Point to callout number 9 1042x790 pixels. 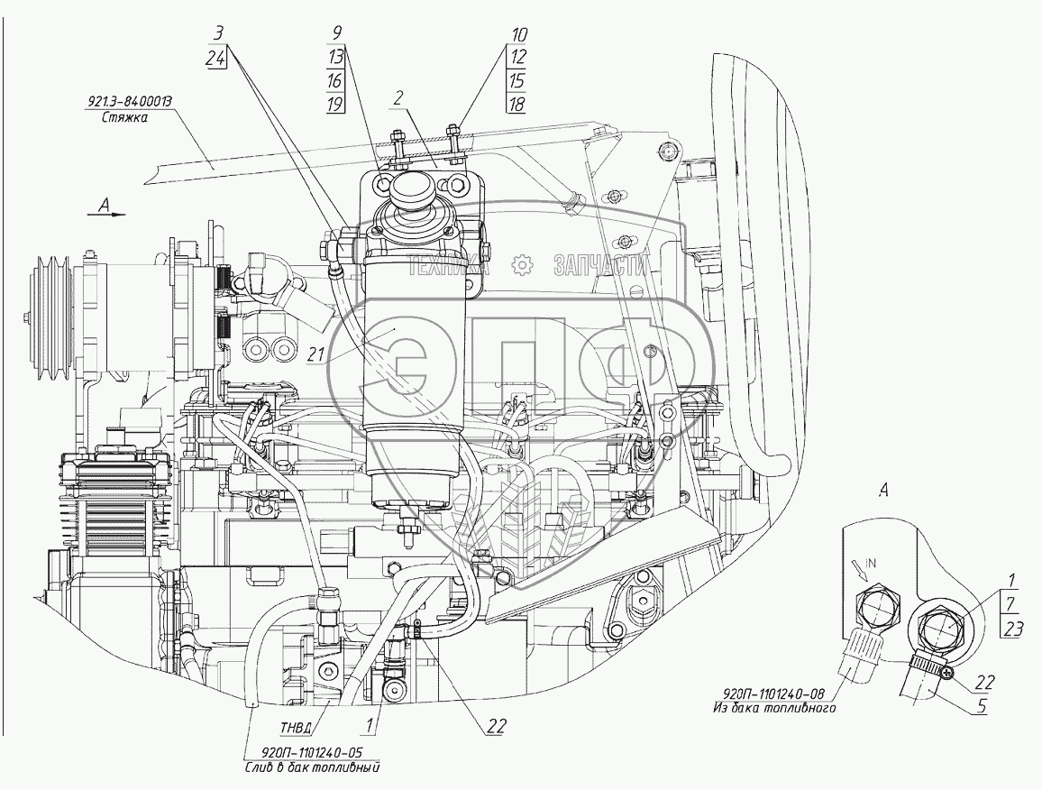(x=335, y=34)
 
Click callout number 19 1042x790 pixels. (x=335, y=105)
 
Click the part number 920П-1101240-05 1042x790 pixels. (x=311, y=755)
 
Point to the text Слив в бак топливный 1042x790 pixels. (x=311, y=769)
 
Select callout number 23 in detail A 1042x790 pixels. (x=1012, y=630)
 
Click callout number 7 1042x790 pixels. (x=1012, y=603)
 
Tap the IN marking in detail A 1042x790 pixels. (x=868, y=563)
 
